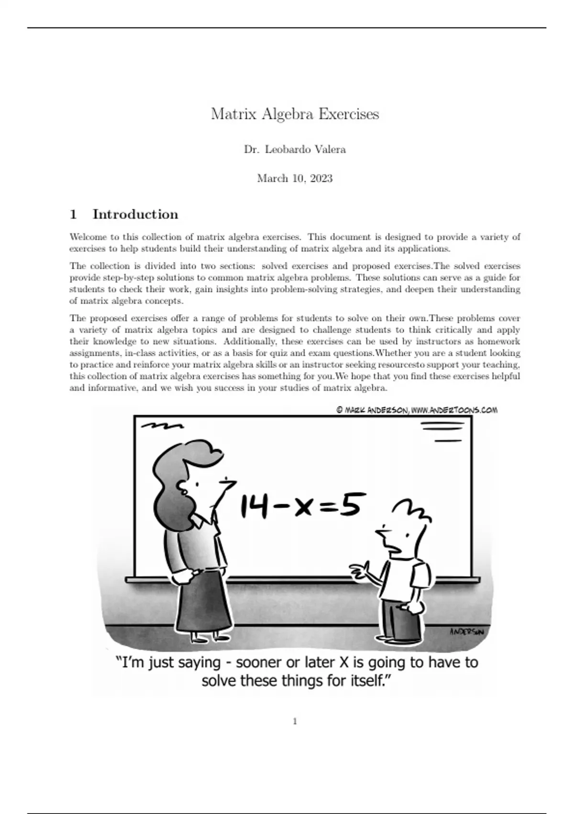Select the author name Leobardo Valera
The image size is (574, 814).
[305, 149]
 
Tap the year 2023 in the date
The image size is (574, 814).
[321, 179]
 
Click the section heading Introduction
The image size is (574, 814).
[135, 214]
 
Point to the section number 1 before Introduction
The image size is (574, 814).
[73, 214]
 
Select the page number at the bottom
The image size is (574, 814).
[295, 722]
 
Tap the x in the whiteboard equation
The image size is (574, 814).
[304, 508]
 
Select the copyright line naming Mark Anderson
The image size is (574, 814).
[417, 410]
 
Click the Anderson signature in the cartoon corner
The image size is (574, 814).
[466, 632]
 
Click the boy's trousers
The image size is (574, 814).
[402, 621]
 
